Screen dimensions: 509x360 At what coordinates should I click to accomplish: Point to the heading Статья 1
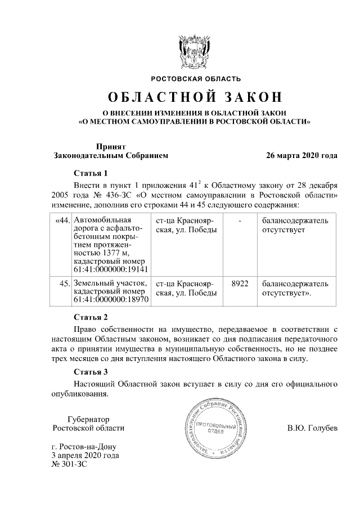click(x=90, y=173)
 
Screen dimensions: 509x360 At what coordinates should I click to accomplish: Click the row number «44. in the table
click(x=62, y=220)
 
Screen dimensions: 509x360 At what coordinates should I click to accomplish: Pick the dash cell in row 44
click(x=240, y=220)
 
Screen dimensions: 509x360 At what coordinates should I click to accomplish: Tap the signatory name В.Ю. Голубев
click(x=312, y=428)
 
